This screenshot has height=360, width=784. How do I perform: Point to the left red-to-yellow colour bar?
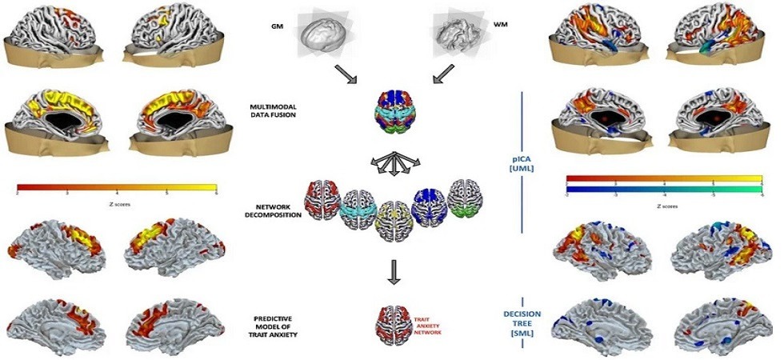[116, 189]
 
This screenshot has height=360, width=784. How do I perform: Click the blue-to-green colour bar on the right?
[666, 192]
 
